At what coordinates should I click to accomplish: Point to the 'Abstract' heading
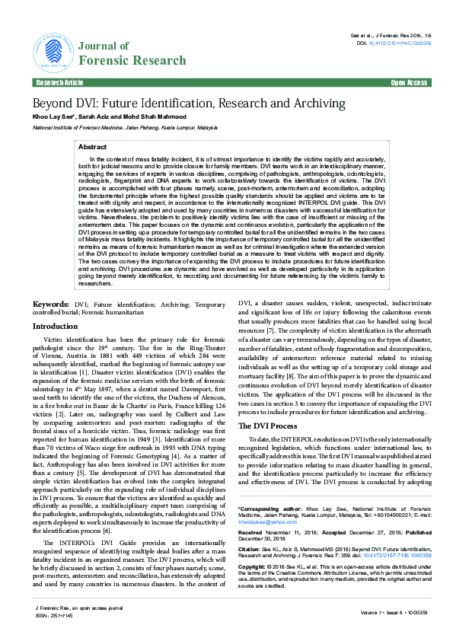pos(93,146)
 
